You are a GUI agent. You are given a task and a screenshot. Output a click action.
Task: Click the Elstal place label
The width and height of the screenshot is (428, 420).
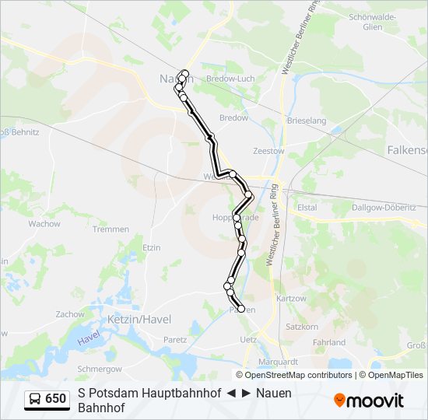pos(307,208)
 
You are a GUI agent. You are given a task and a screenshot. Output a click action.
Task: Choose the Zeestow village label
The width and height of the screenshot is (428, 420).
pos(268,151)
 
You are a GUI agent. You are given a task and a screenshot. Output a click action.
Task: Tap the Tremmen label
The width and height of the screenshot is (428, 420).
pos(111,229)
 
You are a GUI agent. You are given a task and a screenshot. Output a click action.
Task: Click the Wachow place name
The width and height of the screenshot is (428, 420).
pos(44,224)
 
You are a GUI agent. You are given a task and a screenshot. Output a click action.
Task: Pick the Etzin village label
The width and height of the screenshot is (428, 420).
pos(151,247)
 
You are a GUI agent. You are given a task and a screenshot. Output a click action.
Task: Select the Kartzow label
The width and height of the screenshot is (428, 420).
pos(292,298)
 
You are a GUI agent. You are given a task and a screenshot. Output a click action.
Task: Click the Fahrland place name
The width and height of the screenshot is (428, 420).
pos(328,342)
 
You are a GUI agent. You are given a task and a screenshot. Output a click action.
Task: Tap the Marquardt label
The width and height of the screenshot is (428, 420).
pos(279,362)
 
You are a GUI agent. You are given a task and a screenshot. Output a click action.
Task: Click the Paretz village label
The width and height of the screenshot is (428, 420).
pos(175,339)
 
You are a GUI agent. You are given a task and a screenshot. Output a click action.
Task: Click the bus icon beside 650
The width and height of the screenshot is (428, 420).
pos(35,399)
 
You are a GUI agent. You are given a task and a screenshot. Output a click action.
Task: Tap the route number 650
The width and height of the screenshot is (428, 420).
pos(56,399)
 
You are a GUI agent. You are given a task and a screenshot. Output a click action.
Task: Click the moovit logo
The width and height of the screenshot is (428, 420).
pos(369,401)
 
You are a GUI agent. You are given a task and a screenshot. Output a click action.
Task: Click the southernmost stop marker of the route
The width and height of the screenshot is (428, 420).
pos(241,309)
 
